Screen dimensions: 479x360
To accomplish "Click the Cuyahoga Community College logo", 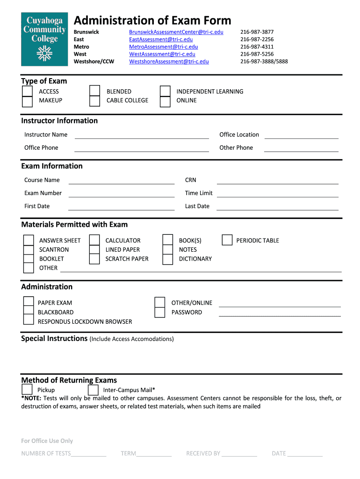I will click(x=44, y=39).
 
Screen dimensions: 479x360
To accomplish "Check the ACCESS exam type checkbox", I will click(x=28, y=91).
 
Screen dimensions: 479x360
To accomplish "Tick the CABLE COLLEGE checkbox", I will click(x=94, y=101).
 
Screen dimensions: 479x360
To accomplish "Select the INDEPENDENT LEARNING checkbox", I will click(x=165, y=91).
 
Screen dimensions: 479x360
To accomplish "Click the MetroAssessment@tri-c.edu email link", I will click(x=163, y=47).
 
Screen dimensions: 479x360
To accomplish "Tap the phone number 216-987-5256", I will click(x=257, y=54).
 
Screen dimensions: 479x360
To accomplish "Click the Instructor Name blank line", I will click(x=142, y=135).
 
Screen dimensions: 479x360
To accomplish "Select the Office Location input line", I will click(x=301, y=135).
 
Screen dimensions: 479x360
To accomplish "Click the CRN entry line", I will click(x=278, y=181).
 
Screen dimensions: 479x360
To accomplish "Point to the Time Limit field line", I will click(x=278, y=194).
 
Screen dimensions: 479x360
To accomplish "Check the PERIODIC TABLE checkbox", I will click(x=227, y=240).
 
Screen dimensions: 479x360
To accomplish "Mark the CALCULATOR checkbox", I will click(x=94, y=240).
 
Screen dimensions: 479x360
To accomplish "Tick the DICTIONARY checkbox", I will click(x=168, y=259).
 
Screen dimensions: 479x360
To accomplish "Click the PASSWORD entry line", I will click(x=280, y=313).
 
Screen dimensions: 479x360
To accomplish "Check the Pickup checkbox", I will click(x=27, y=390).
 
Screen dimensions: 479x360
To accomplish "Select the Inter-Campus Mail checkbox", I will click(x=93, y=390).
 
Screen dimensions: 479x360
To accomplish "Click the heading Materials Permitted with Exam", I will click(x=74, y=225).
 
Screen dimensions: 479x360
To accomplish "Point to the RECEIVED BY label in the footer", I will click(x=203, y=453).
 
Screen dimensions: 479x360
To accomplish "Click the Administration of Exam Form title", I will click(x=152, y=21).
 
